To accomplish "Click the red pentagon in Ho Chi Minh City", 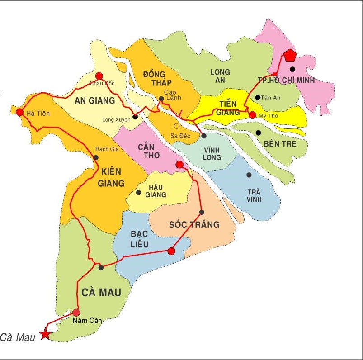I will [x=290, y=55].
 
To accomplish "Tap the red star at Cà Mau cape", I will [x=45, y=334].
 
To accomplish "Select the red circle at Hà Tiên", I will [x=19, y=112].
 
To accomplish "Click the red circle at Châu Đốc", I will [x=99, y=76].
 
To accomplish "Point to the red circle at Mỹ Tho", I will [x=252, y=115].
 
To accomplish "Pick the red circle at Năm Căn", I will [x=76, y=313].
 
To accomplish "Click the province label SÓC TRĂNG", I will [x=194, y=224].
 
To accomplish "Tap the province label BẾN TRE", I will [x=280, y=144].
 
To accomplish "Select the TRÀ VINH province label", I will [x=254, y=195].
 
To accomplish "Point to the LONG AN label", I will [x=220, y=76].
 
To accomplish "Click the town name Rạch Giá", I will [x=105, y=149].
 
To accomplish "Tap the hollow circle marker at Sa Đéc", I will [x=176, y=126].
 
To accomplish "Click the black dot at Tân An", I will [x=257, y=97].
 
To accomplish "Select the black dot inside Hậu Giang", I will [x=138, y=193].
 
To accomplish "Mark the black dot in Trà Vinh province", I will [x=249, y=175].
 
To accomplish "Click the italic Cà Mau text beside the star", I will [x=18, y=336].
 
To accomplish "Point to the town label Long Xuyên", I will [x=115, y=119].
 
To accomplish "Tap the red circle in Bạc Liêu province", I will [x=171, y=251].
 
